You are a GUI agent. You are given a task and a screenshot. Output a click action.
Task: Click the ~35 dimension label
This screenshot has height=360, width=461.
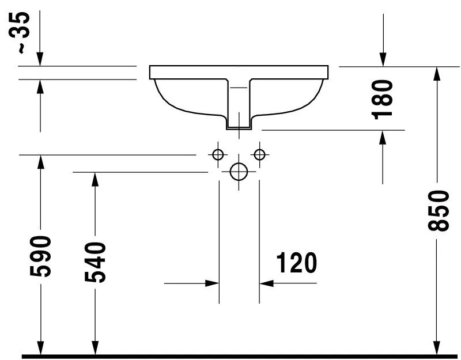point(20,33)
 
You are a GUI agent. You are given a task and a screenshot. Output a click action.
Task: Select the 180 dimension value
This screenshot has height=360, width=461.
point(382,99)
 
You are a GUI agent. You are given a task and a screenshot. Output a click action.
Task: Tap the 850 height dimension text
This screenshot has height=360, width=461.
point(438,211)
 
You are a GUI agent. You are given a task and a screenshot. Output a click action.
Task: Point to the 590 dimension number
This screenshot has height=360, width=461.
point(40,256)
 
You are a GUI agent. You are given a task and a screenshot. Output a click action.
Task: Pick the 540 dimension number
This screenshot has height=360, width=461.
point(95,262)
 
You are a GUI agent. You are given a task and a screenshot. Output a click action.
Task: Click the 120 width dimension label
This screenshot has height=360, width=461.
point(297,263)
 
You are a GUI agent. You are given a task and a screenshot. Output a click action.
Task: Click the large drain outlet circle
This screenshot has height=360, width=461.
point(239,172)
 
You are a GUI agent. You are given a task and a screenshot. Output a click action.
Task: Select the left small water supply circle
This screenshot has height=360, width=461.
point(218,154)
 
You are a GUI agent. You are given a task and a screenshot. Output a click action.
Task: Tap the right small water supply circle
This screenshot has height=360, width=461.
point(260,154)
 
